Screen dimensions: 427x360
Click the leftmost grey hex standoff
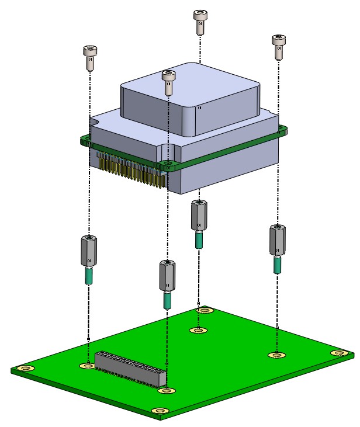coord(88,251)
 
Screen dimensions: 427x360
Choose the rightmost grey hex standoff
coord(277,239)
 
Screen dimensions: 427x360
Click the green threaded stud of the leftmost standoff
coord(89,275)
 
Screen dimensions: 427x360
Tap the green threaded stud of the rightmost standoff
coord(278,265)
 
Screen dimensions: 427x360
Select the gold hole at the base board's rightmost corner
coord(338,353)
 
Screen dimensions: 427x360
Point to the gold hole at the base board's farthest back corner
coord(203,311)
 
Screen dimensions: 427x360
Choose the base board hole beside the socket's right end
coord(168,390)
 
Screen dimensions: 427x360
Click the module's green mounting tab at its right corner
coord(283,131)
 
